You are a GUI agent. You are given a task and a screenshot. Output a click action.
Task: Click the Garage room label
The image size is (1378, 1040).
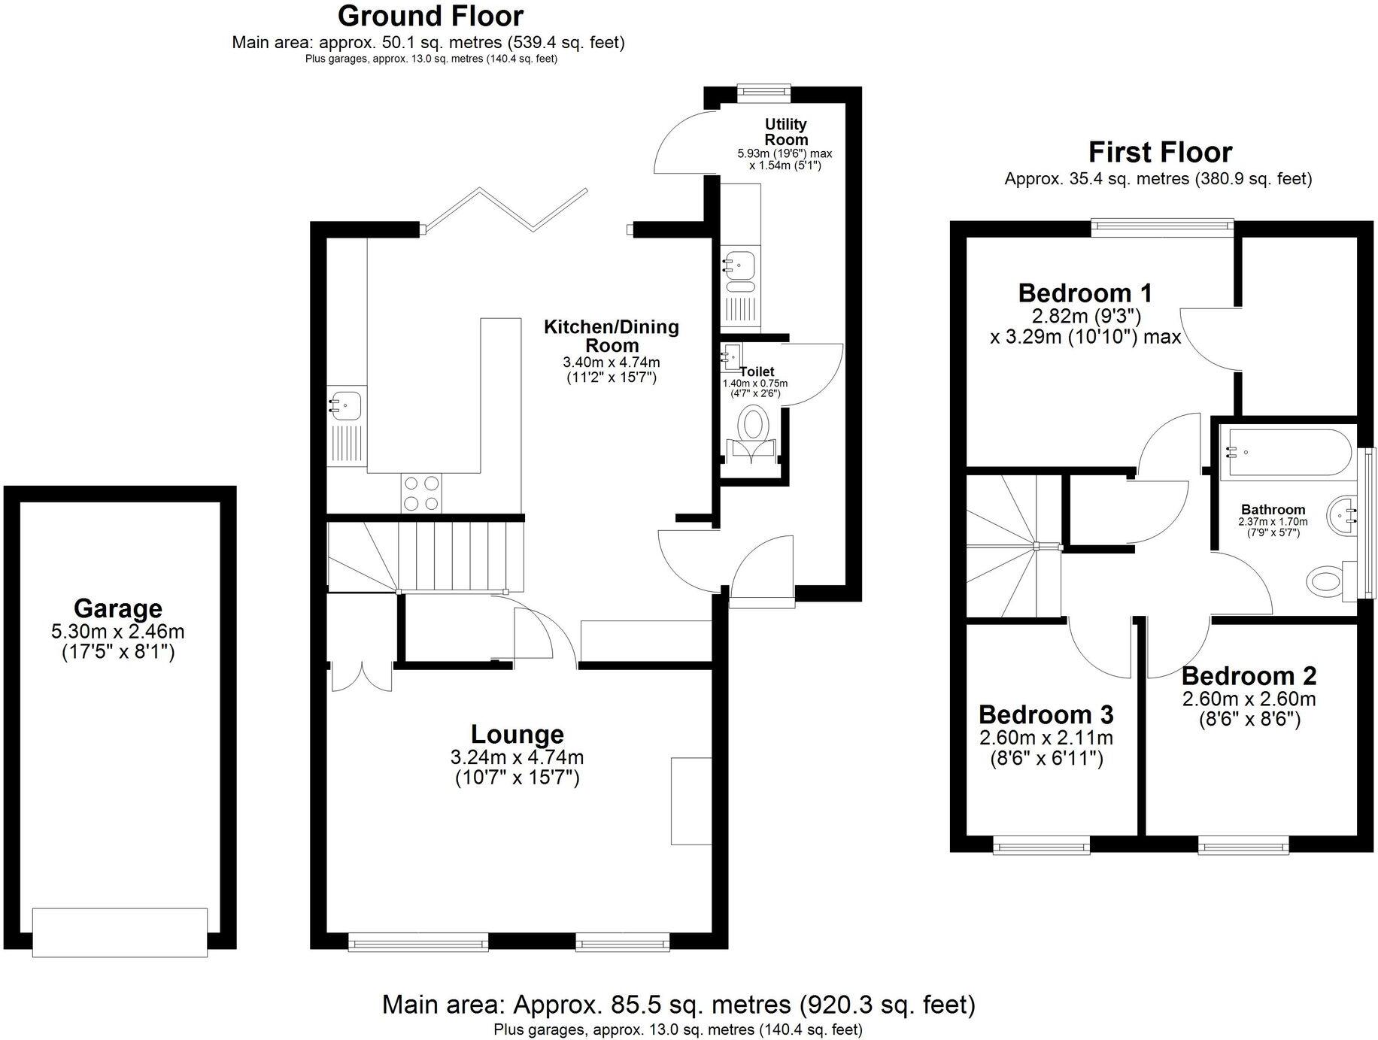pos(118,608)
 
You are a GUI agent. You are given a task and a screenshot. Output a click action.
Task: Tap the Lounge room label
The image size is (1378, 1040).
pos(517,734)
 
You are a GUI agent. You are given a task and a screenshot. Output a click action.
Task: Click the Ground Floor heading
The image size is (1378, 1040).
pos(430,15)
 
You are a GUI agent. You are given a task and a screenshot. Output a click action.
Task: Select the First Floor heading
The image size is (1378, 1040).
pos(1159,153)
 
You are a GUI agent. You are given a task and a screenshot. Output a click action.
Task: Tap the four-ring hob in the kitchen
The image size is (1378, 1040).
pos(421,493)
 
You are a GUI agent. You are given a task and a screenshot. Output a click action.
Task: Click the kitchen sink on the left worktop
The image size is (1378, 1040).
pos(345,406)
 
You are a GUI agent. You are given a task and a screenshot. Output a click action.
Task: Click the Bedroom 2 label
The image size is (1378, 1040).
pos(1249,676)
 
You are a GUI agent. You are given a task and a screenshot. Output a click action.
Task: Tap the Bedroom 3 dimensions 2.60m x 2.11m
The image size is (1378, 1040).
pos(1046,738)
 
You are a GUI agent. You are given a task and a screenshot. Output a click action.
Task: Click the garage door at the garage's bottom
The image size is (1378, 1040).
pos(120,932)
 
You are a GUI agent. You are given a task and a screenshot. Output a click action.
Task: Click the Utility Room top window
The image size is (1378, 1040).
pos(763,91)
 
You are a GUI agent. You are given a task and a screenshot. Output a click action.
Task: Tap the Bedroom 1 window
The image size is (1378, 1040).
pos(1162,224)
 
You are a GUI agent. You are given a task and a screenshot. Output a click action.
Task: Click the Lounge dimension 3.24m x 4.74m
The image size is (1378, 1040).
pos(517,757)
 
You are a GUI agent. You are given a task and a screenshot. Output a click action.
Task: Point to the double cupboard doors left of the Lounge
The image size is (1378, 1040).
pos(361,676)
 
